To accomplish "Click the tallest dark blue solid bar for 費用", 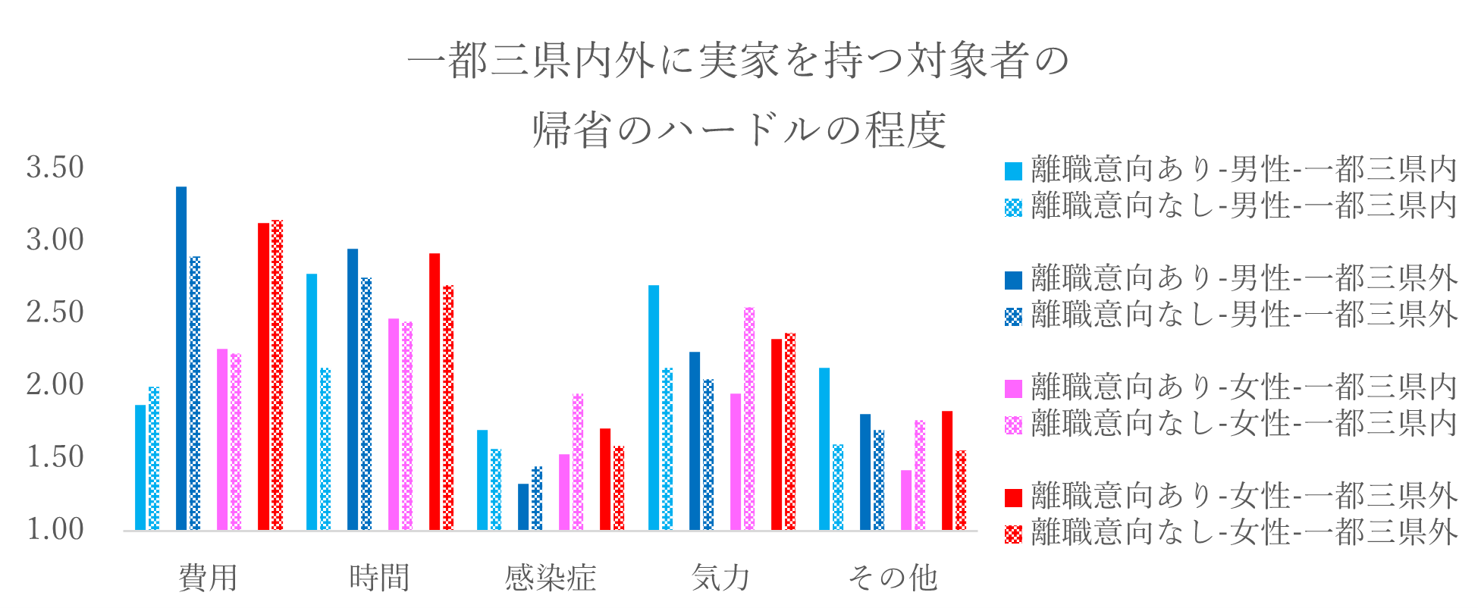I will tap(181, 358).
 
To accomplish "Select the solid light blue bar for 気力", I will tap(654, 407).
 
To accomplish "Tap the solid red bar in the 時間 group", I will tap(435, 391).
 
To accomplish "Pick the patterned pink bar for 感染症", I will tap(578, 462).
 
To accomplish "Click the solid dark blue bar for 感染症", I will tap(523, 506).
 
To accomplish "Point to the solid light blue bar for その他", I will tap(824, 449).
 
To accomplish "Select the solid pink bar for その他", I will tap(906, 500).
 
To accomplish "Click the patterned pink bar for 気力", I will tap(749, 418).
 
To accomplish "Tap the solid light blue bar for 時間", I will tap(312, 402).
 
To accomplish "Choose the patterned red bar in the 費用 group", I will tap(277, 375).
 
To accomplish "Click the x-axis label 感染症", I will tap(551, 578).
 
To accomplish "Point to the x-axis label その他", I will tap(893, 578).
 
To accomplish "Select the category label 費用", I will tap(209, 578).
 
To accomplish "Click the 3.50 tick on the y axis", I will tap(55, 168).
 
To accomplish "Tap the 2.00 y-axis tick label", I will tap(55, 385).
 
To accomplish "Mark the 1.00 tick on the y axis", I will tap(55, 530).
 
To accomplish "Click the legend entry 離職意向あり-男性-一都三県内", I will tap(1244, 170).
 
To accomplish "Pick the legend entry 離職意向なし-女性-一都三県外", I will tap(1244, 533).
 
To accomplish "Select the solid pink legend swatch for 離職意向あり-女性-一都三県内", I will tap(1013, 389).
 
